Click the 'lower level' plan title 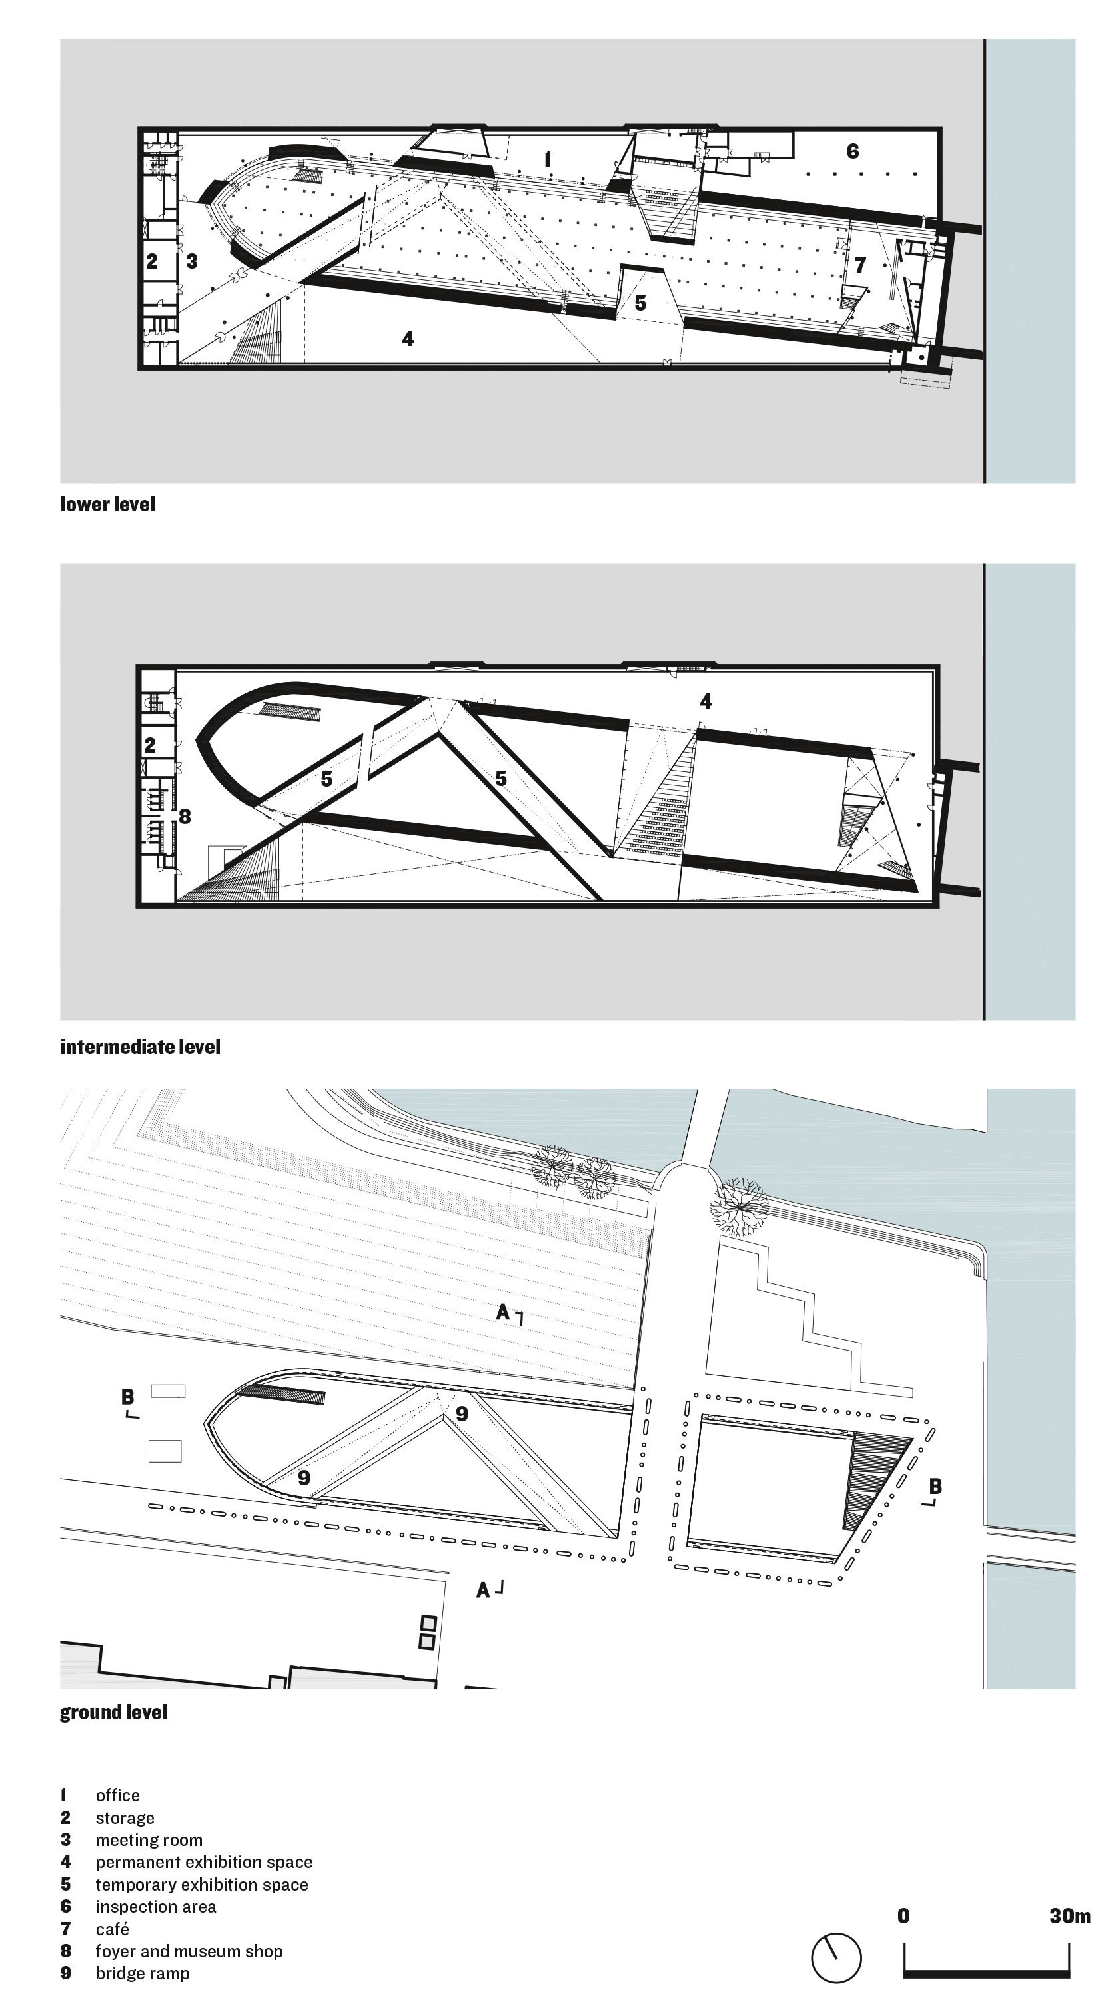pyautogui.click(x=107, y=505)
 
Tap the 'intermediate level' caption pyautogui.click(x=140, y=1047)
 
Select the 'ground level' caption pyautogui.click(x=113, y=1713)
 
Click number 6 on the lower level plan pyautogui.click(x=853, y=151)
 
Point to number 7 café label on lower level pyautogui.click(x=860, y=265)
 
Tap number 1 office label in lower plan pyautogui.click(x=548, y=159)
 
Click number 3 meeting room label pyautogui.click(x=192, y=261)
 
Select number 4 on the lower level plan pyautogui.click(x=408, y=338)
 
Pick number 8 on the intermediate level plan pyautogui.click(x=185, y=816)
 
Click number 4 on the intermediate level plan pyautogui.click(x=706, y=701)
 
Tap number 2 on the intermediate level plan pyautogui.click(x=150, y=745)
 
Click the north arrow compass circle pyautogui.click(x=836, y=1958)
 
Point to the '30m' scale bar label pyautogui.click(x=1069, y=1916)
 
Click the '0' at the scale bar pyautogui.click(x=903, y=1916)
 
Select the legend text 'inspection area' pyautogui.click(x=156, y=1907)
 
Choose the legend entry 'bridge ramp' pyautogui.click(x=143, y=1974)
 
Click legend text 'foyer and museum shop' pyautogui.click(x=189, y=1951)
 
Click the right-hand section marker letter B pyautogui.click(x=935, y=1486)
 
